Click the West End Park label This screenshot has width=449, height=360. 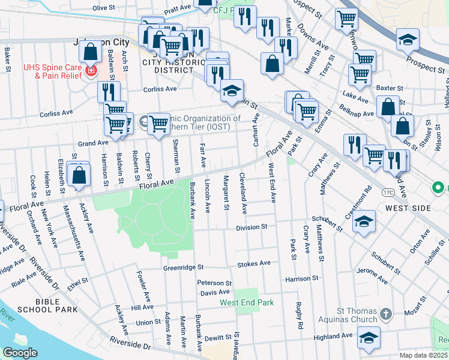point(247,302)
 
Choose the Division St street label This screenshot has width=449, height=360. point(252,227)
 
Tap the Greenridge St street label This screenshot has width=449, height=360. point(184,268)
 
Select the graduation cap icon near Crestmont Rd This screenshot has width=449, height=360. point(364,221)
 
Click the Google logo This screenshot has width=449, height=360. point(20,352)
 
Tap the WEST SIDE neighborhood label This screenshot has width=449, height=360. point(408,208)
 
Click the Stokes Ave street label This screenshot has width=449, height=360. point(254,263)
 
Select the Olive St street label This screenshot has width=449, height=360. point(103,7)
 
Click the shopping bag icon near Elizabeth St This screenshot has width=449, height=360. point(79,175)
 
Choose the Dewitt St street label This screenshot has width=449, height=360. point(218,338)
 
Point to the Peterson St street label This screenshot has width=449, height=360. point(214,283)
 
